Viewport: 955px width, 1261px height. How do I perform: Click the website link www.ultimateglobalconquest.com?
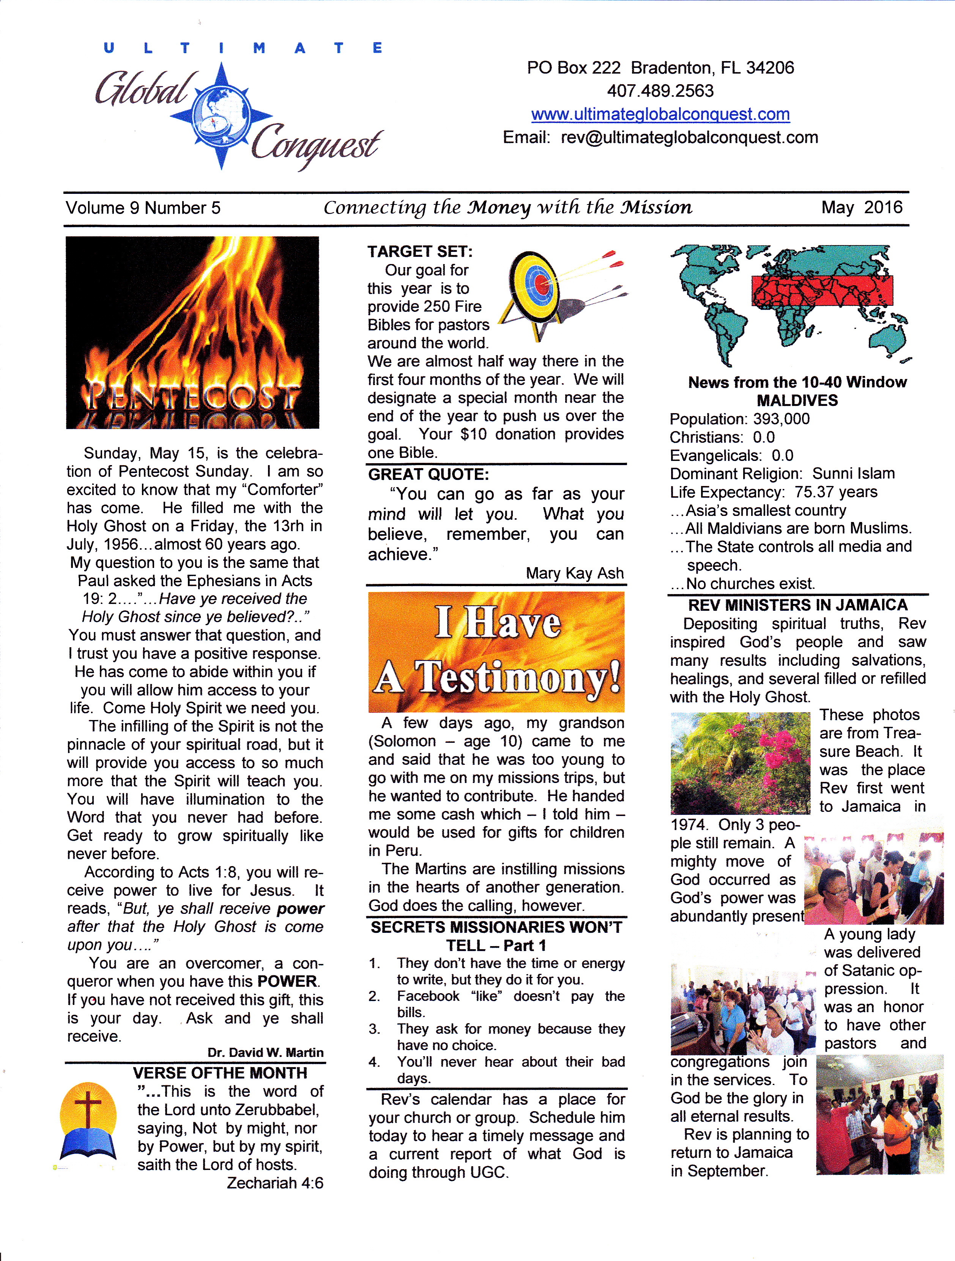pos(660,114)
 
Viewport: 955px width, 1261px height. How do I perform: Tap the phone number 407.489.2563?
pos(660,91)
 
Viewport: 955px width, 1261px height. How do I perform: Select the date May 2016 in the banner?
pos(862,207)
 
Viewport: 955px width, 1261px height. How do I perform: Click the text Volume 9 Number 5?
pos(143,208)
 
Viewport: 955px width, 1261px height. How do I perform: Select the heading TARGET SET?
pos(420,252)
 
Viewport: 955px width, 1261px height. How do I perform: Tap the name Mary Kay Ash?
pos(575,573)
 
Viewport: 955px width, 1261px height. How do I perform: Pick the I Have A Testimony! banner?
pos(496,652)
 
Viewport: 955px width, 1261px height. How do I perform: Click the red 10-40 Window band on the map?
pos(821,291)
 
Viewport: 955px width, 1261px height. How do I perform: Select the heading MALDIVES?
pos(797,400)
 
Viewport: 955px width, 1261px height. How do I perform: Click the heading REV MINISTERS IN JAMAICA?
pos(797,605)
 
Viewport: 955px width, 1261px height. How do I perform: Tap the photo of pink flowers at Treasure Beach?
pos(740,763)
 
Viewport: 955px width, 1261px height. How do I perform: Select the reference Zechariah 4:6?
pos(275,1183)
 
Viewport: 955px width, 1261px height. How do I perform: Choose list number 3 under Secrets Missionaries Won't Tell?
pos(374,1029)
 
